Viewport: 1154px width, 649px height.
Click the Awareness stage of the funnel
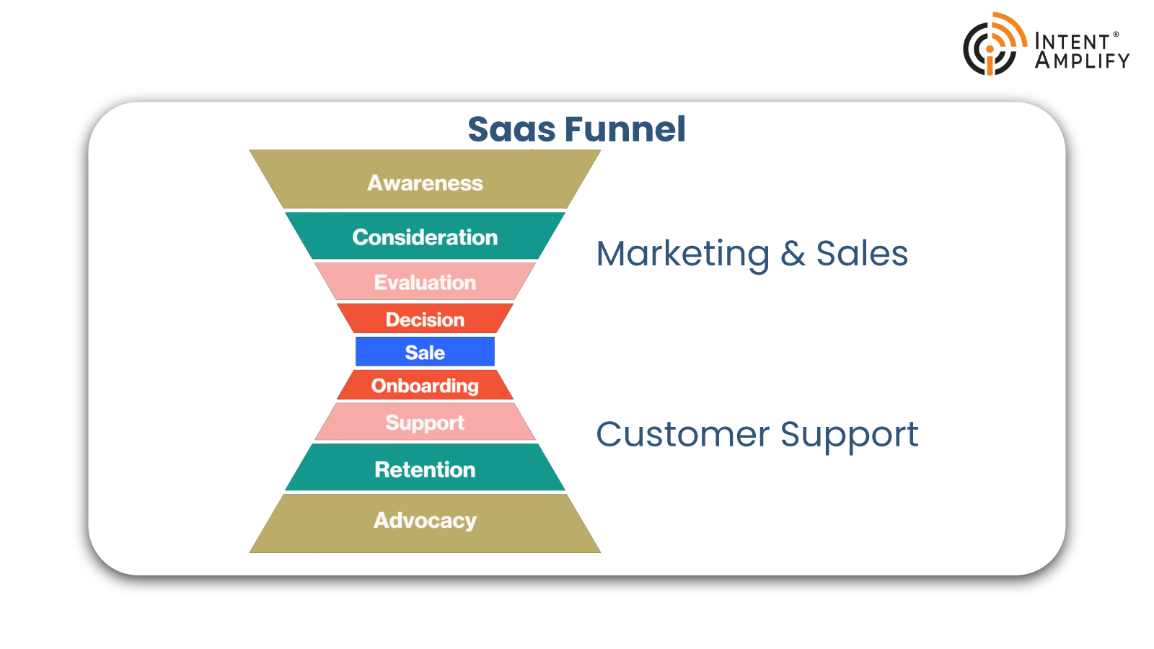point(425,180)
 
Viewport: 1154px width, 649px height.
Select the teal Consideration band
point(425,236)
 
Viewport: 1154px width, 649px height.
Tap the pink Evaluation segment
point(425,281)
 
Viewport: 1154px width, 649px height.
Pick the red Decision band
point(425,318)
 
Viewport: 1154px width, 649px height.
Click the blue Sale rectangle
point(425,352)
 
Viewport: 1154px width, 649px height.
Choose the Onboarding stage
point(425,385)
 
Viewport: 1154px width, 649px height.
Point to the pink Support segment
point(425,422)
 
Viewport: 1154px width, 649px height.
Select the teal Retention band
point(425,467)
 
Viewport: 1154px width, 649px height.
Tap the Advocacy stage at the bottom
point(425,524)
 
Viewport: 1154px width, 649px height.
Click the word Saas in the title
point(511,129)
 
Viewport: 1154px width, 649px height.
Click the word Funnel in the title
point(625,129)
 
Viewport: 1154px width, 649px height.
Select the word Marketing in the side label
point(682,254)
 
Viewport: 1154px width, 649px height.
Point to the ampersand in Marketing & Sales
point(793,254)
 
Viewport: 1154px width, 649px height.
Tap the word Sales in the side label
point(862,254)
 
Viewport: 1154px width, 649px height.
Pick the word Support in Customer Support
point(849,436)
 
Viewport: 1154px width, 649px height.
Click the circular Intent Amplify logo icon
point(995,44)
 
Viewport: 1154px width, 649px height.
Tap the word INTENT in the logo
point(1072,42)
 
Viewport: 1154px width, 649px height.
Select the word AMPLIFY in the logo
point(1083,61)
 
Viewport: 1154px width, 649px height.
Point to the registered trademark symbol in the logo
point(1116,35)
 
